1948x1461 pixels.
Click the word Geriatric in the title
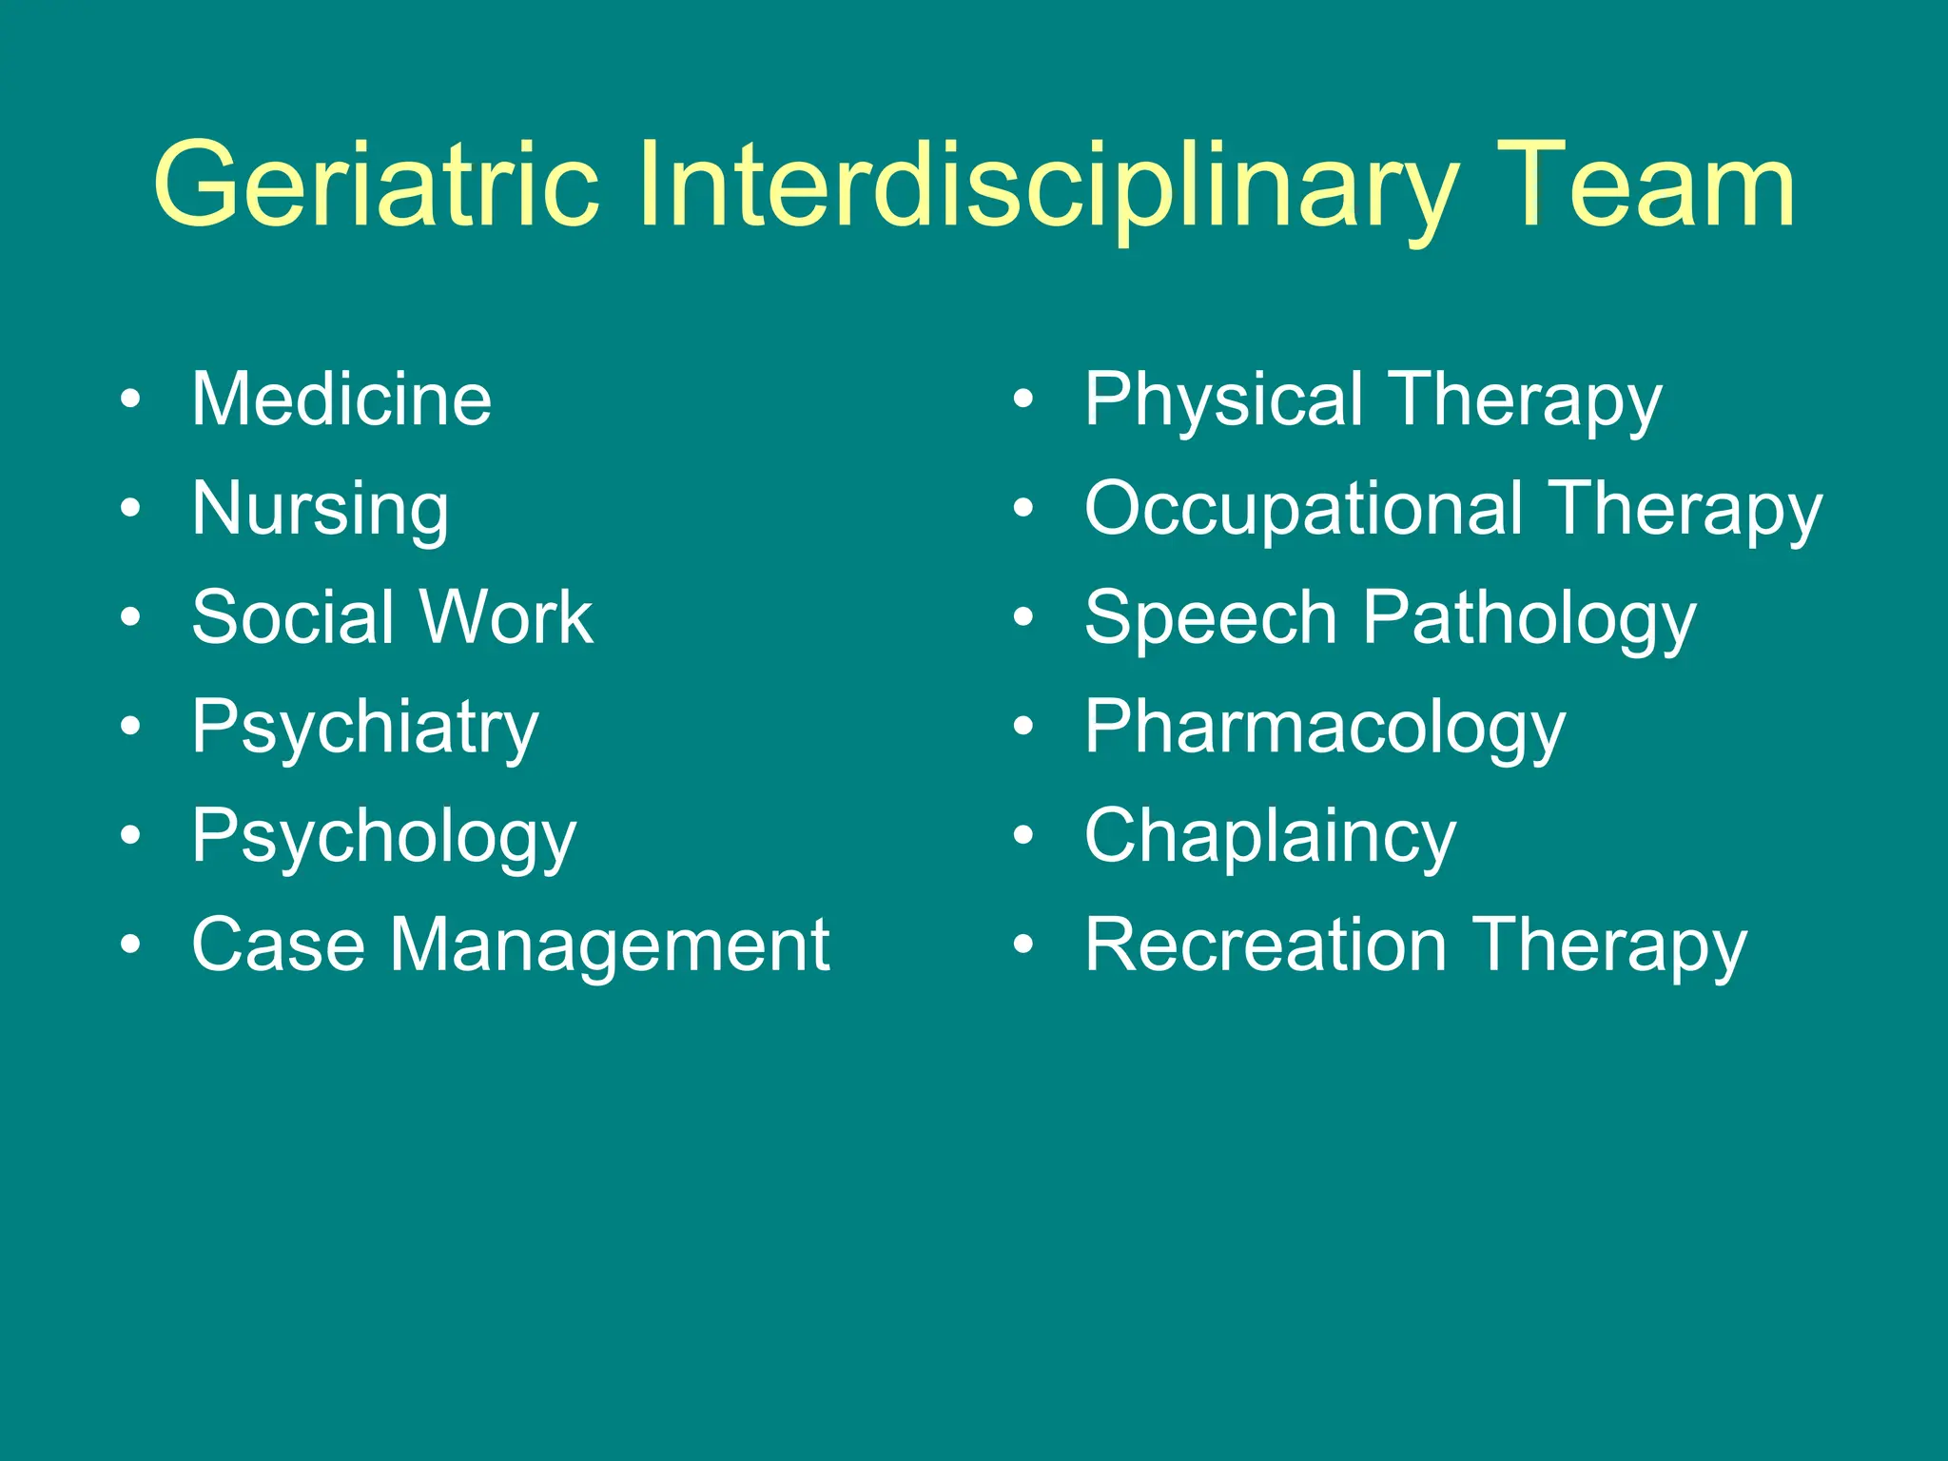point(376,185)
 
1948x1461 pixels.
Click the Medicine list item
point(341,399)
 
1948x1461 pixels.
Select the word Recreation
point(1266,945)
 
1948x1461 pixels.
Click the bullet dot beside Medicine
point(130,399)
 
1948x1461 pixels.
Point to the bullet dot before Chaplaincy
point(1023,836)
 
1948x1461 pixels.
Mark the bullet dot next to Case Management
point(130,945)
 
